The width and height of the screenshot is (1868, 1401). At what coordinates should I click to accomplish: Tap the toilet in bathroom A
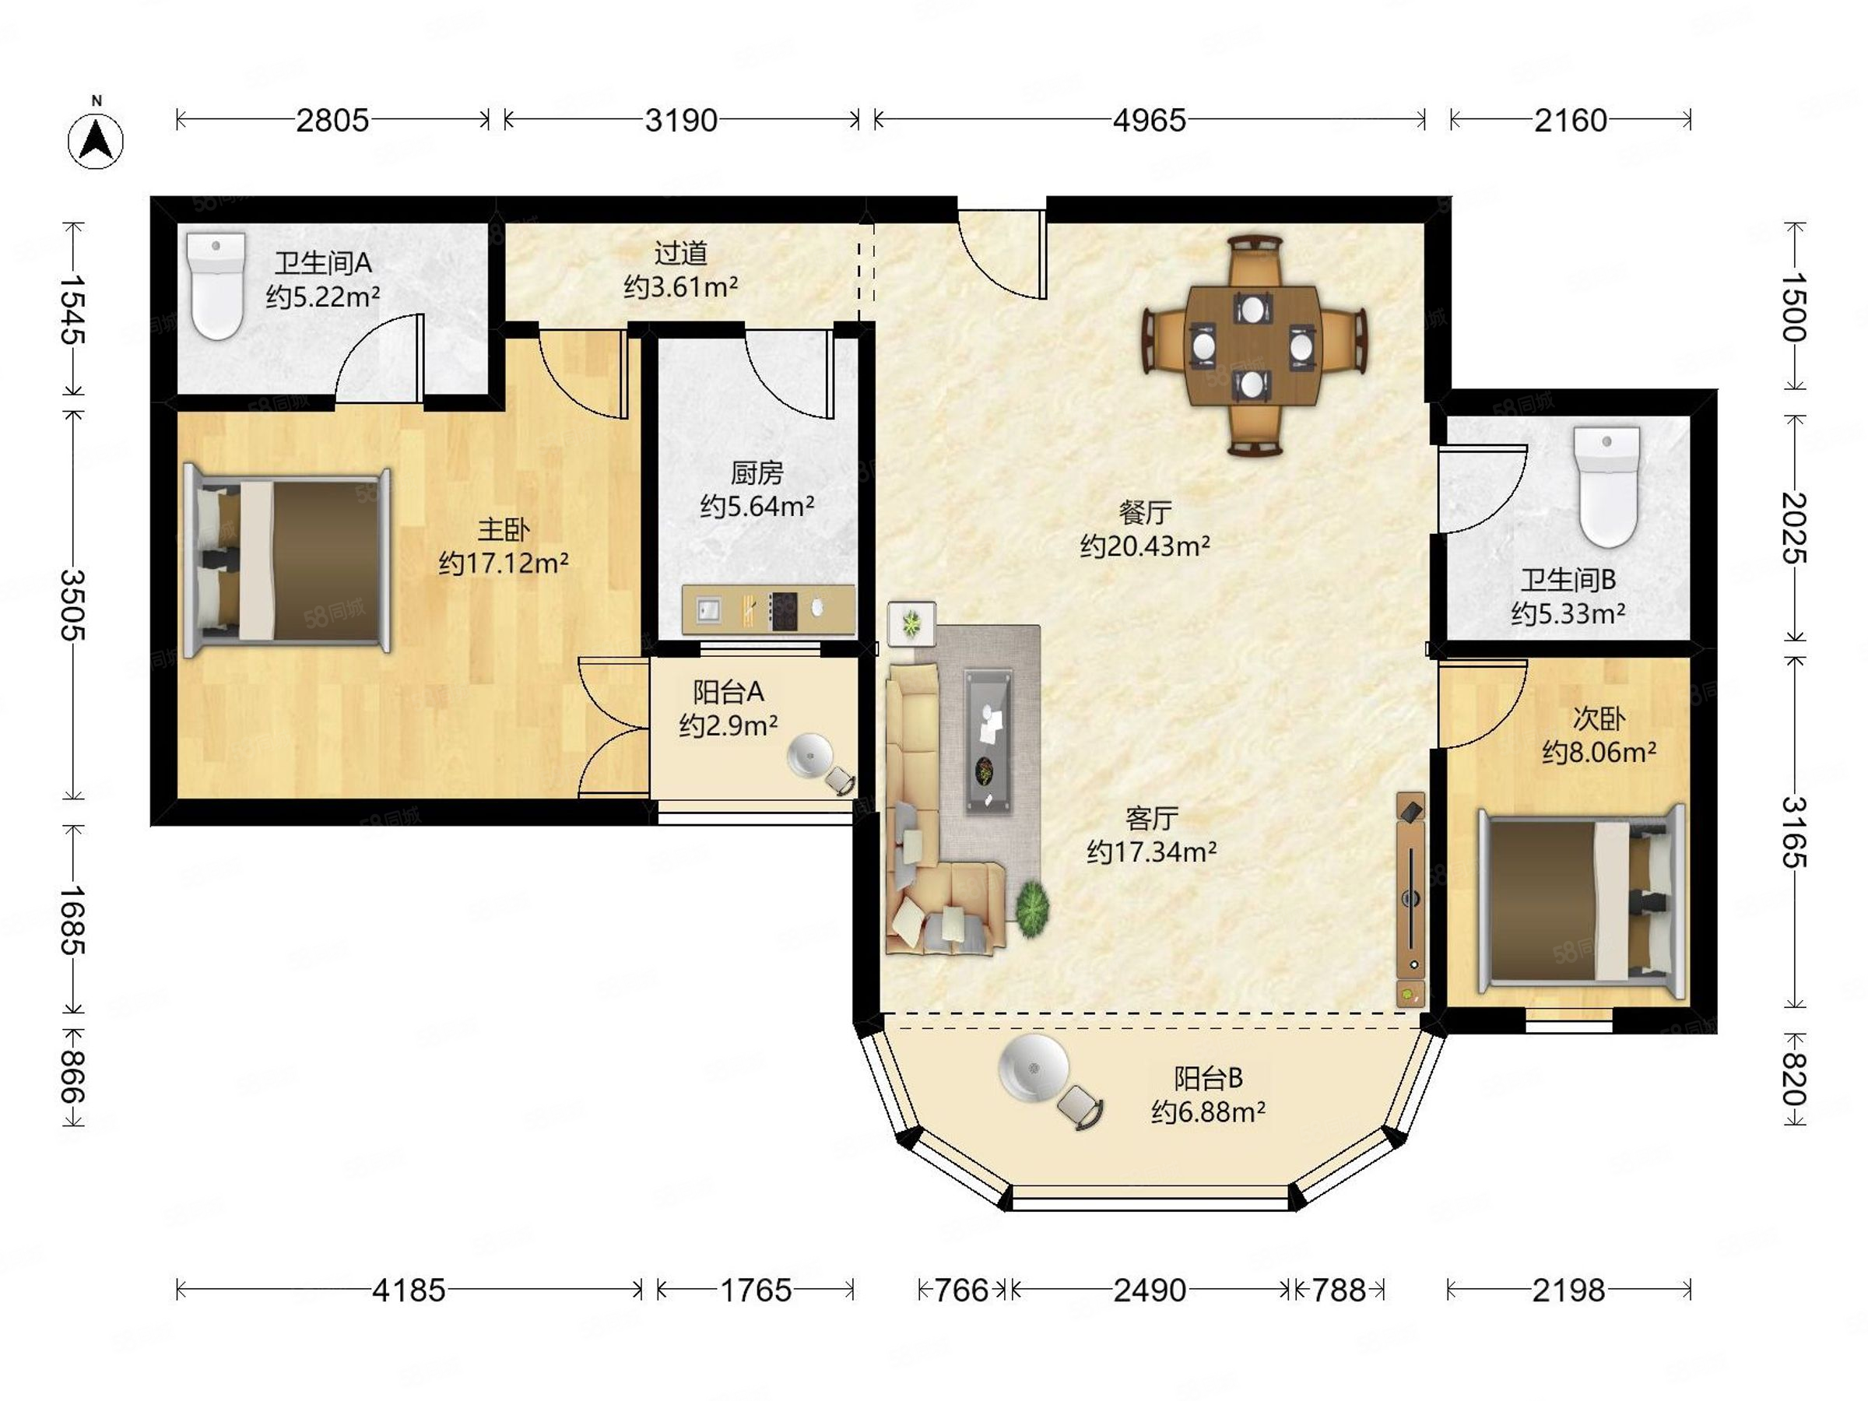coord(217,286)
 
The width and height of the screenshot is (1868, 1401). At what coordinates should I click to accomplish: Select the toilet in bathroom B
coord(1609,487)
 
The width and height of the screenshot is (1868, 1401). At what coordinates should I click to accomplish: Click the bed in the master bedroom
coord(287,560)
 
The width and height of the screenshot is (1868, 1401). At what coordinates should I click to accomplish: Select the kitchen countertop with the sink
coord(767,609)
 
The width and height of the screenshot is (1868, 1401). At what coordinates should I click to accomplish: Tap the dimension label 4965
coord(1149,121)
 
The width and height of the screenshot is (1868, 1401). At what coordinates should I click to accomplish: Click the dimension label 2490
coord(1150,1290)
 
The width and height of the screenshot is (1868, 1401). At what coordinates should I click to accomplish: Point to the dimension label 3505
coord(73,605)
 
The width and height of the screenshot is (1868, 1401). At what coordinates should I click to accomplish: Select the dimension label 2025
coord(1794,528)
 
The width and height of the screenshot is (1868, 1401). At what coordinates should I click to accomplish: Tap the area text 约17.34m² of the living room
coord(1151,851)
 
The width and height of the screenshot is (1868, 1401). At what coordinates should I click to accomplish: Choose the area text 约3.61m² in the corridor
coord(681,287)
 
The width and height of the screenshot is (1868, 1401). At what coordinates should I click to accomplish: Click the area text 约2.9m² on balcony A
coord(728,725)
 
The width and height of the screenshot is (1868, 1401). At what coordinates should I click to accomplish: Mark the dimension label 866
coord(73,1076)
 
